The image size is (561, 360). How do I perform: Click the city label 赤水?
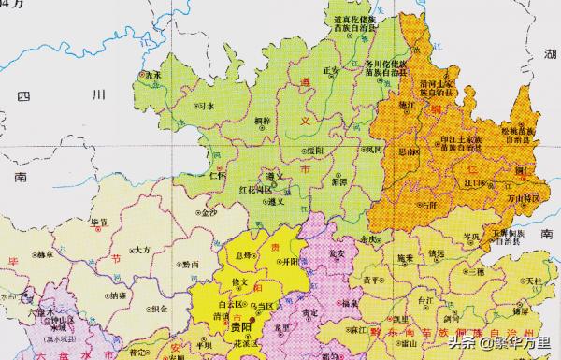[x=148, y=74]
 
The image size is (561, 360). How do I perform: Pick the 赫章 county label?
[x=44, y=252]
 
